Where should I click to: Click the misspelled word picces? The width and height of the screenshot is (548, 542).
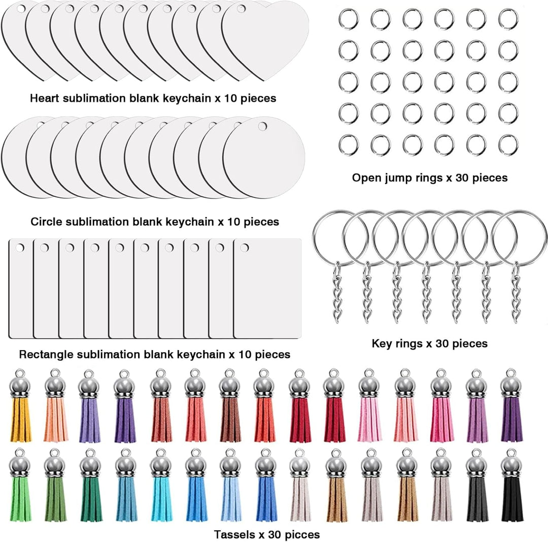tap(302, 535)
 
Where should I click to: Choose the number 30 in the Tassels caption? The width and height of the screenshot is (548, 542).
tap(275, 534)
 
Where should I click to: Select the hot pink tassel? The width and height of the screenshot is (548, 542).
tap(441, 405)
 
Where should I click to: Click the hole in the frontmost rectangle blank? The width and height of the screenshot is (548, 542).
tap(244, 248)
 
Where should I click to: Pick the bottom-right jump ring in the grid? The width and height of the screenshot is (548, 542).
tap(508, 145)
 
